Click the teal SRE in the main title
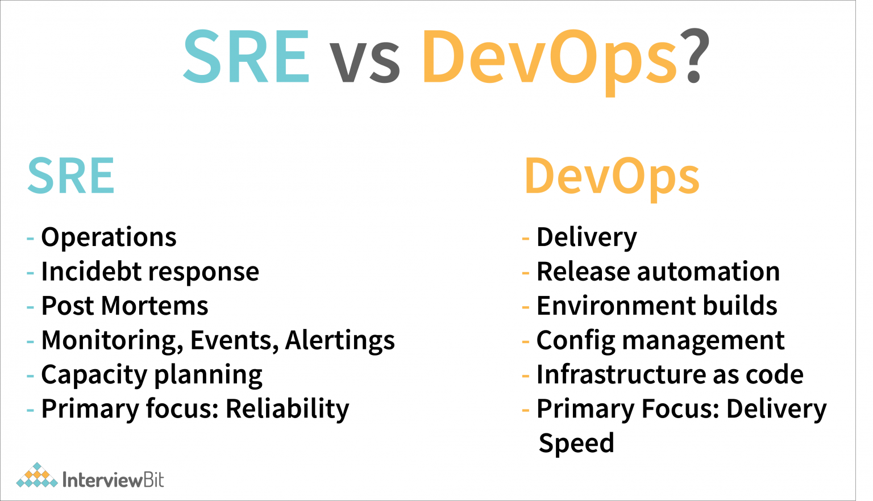pyautogui.click(x=246, y=56)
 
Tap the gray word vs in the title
pyautogui.click(x=364, y=62)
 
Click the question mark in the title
pyautogui.click(x=695, y=55)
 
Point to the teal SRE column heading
pyautogui.click(x=71, y=176)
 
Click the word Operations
pyautogui.click(x=109, y=237)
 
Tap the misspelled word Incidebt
pyautogui.click(x=91, y=271)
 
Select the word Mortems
pyautogui.click(x=155, y=306)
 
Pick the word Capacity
pyautogui.click(x=94, y=375)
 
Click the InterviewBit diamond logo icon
pyautogui.click(x=37, y=475)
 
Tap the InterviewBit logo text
pyautogui.click(x=113, y=480)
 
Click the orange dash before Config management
pyautogui.click(x=525, y=341)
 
